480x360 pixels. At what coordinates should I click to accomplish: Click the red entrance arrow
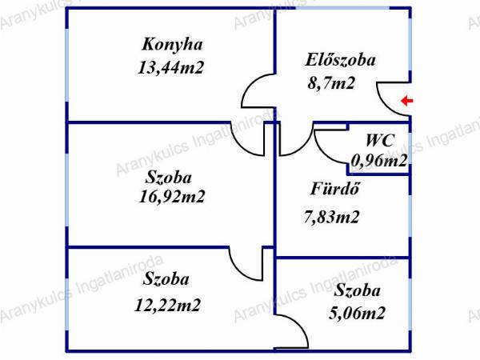[x=407, y=101]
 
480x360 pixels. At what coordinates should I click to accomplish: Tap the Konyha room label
[x=172, y=44]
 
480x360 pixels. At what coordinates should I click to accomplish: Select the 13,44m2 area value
[x=170, y=67]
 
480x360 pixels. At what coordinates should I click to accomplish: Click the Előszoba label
[x=340, y=59]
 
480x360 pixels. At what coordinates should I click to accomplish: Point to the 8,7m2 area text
[x=331, y=82]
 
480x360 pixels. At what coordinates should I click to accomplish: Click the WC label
[x=380, y=141]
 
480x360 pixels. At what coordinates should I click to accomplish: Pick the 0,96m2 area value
[x=379, y=160]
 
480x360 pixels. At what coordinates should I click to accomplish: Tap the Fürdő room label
[x=334, y=188]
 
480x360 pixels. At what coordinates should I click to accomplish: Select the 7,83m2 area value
[x=331, y=217]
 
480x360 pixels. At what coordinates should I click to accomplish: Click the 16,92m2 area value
[x=172, y=196]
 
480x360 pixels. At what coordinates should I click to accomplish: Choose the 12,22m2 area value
[x=167, y=306]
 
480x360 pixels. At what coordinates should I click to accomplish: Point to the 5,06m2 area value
[x=357, y=313]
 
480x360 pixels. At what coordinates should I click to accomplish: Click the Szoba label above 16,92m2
[x=168, y=178]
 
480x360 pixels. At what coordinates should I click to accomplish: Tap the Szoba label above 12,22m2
[x=166, y=279]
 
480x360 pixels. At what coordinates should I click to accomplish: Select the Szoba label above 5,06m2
[x=357, y=290]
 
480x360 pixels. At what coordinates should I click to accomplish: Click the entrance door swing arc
[x=386, y=106]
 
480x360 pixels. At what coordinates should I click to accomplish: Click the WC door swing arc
[x=325, y=153]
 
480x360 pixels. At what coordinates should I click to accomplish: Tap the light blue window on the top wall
[x=342, y=7]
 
